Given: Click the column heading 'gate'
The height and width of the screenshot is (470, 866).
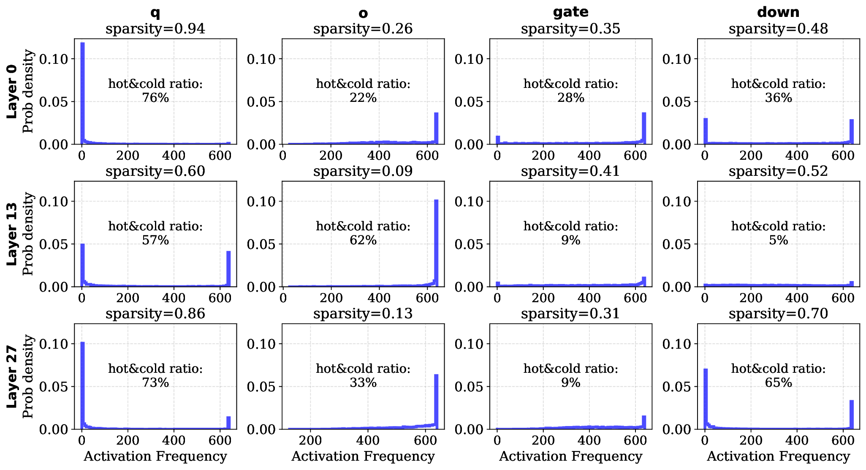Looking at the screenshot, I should pos(570,12).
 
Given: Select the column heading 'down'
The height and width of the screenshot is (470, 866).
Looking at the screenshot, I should pos(778,12).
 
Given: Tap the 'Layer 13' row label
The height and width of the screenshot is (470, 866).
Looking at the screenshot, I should pos(12,234).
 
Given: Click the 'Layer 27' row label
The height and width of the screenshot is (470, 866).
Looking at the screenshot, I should pos(12,377).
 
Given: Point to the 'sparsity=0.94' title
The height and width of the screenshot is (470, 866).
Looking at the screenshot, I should pos(155,29).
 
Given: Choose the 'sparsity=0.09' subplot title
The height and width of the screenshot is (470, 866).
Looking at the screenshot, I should pos(363,171).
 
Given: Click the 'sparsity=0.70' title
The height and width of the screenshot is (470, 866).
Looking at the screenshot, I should pos(778,314).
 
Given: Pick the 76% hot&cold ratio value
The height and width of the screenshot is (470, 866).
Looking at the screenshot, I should pos(155,98).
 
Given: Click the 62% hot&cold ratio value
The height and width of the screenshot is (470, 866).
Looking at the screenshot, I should pos(363,240).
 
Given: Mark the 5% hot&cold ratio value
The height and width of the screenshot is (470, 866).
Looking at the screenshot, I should pos(778,240).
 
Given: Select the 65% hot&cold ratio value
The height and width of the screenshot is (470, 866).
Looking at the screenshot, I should pos(778,383).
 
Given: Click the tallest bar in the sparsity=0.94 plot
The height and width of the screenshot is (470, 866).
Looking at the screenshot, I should pos(83,93).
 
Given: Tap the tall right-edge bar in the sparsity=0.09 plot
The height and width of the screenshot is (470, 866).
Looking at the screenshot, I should pos(436,243).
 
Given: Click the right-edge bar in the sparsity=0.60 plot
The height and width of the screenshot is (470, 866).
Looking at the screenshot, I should pos(228,269).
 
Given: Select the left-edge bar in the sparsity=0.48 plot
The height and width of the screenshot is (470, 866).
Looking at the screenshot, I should pos(705,131).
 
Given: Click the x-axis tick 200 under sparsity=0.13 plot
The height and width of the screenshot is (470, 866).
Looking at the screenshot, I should pos(310,440).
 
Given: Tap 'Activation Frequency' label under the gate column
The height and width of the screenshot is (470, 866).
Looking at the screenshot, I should pos(570,456).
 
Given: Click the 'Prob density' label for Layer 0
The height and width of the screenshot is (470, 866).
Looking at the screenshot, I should pos(28,91).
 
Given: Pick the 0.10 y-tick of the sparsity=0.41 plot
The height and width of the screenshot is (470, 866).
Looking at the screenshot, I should pos(468,202).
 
